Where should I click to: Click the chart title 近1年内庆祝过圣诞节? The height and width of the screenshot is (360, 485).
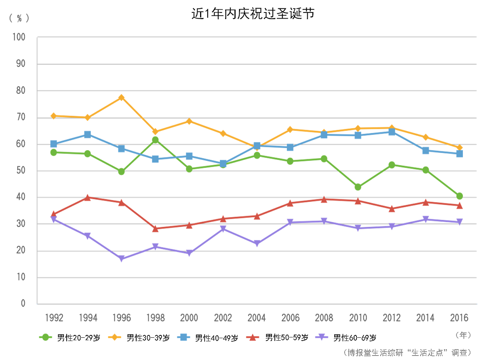[x=253, y=14]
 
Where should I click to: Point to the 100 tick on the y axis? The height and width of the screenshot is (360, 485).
[x=19, y=37]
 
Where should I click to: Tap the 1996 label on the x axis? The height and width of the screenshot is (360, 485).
[x=122, y=318]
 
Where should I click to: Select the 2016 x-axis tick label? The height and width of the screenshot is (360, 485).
[x=460, y=318]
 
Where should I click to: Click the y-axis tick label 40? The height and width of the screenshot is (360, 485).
[x=20, y=197]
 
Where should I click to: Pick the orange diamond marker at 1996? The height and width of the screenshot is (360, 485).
[x=121, y=97]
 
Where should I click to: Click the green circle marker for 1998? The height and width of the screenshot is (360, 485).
[x=155, y=140]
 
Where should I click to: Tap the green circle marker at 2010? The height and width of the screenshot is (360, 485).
[x=358, y=187]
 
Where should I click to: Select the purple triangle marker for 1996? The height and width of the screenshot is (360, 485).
[x=121, y=259]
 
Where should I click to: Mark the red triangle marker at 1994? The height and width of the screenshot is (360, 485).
[x=87, y=198]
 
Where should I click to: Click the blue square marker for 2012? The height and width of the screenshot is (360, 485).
[x=392, y=132]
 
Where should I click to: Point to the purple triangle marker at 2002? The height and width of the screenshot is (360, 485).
[x=223, y=229]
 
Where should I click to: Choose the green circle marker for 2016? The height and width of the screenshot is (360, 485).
[x=460, y=196]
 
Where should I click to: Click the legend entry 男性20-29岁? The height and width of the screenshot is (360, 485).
[x=71, y=337]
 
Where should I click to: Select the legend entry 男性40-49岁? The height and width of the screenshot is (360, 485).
[x=209, y=337]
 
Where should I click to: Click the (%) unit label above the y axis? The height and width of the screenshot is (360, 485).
[x=19, y=18]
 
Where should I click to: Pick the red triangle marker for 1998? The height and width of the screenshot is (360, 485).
[x=155, y=228]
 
